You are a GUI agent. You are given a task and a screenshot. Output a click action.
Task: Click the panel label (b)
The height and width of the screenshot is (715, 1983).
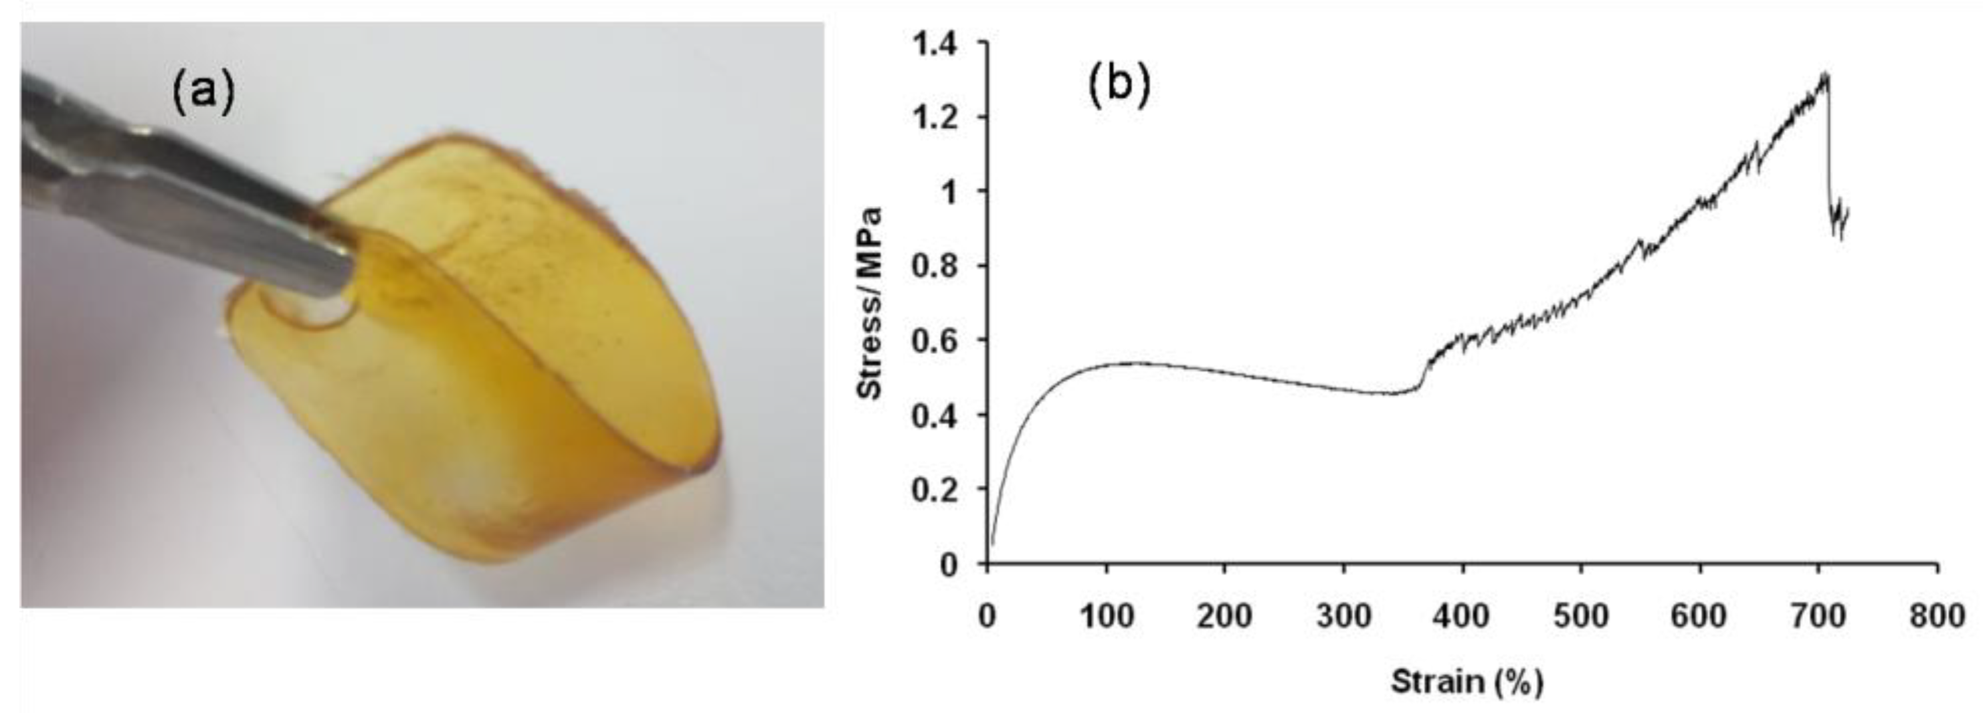[x=1119, y=85]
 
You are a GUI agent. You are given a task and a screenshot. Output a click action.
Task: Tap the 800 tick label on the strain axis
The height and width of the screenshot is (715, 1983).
[x=1937, y=617]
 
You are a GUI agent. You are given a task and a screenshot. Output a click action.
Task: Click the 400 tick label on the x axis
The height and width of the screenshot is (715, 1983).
[x=1462, y=617]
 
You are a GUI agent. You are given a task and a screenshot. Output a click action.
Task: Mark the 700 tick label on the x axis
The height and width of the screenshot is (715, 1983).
[x=1818, y=617]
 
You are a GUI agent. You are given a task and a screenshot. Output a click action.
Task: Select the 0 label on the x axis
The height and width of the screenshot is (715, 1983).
[x=987, y=617]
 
